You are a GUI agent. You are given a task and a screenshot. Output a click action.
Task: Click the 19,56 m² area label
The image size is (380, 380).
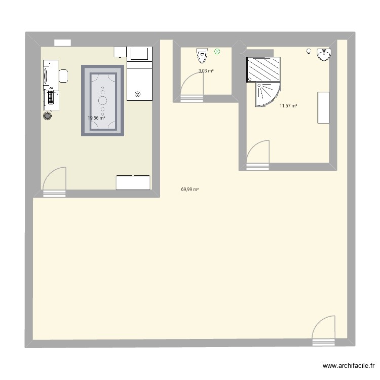[x=96, y=118]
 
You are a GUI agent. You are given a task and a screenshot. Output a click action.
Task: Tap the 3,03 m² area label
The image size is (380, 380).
[x=206, y=71]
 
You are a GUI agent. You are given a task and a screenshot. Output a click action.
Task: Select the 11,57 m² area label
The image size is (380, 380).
[x=288, y=106]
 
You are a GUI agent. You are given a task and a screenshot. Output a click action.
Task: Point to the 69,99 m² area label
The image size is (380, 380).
[x=189, y=189]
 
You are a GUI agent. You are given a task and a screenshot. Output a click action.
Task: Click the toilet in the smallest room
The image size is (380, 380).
[x=202, y=53]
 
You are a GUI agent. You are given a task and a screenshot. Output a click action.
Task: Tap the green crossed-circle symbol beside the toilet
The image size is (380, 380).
[x=217, y=51]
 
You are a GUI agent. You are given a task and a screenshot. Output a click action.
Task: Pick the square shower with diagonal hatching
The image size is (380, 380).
[x=263, y=69]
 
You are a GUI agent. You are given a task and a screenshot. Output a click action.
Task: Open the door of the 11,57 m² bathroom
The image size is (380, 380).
[x=258, y=154]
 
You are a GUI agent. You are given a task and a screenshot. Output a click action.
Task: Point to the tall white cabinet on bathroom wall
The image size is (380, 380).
[x=322, y=107]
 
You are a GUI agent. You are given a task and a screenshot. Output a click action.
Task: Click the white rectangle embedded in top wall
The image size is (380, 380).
[x=62, y=43]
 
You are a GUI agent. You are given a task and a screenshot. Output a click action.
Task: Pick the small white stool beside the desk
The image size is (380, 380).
[x=64, y=75]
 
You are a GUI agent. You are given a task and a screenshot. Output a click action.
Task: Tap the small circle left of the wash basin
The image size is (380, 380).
[x=309, y=51]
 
